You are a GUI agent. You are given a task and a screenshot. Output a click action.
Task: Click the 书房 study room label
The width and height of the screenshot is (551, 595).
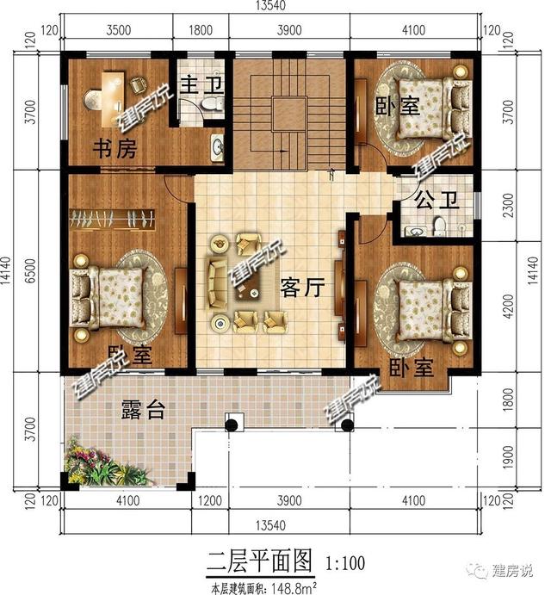(114, 150)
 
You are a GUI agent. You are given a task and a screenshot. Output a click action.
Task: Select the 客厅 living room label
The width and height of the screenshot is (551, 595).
(300, 288)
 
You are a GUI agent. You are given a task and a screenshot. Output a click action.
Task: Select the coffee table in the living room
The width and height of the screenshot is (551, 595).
(251, 293)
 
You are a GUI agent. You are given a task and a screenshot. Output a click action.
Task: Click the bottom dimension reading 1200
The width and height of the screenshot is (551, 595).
(205, 500)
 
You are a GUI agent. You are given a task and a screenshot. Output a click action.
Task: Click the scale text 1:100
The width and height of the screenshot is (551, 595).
(345, 565)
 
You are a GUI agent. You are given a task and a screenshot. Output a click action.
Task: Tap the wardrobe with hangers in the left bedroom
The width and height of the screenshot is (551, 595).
(111, 219)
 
